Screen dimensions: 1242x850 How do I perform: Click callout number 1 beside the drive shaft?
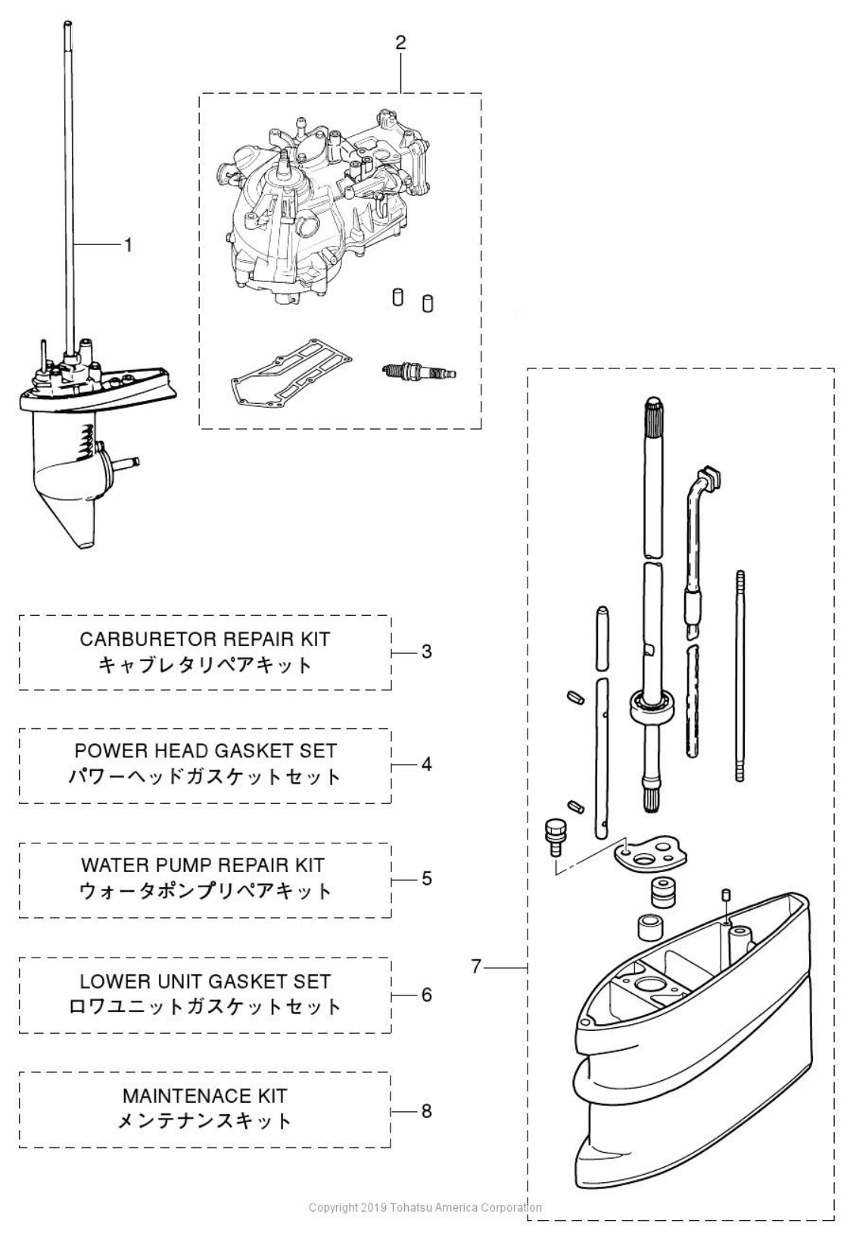[x=128, y=245]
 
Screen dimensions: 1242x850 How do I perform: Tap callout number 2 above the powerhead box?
[x=400, y=42]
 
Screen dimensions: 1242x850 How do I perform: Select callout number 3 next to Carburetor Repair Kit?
[x=427, y=651]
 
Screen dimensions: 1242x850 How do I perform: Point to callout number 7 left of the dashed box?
[x=476, y=966]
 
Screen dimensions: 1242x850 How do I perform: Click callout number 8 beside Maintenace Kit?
[x=427, y=1110]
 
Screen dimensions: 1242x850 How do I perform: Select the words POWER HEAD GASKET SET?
[x=205, y=751]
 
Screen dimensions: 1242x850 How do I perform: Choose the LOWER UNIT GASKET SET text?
[x=205, y=981]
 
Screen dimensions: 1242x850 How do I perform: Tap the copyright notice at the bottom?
[x=425, y=1207]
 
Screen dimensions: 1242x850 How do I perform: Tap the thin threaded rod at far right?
[x=739, y=676]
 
